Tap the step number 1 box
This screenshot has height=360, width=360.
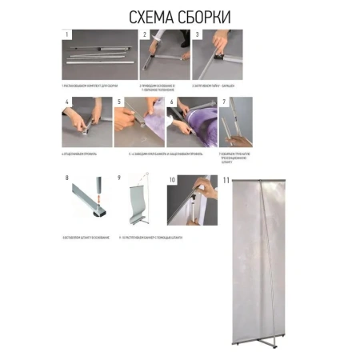[67, 35]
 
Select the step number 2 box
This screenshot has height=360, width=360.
[145, 35]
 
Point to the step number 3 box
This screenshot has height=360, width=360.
[197, 35]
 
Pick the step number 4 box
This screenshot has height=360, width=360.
[67, 102]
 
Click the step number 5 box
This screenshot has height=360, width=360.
[118, 102]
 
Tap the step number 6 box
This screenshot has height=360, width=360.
[170, 102]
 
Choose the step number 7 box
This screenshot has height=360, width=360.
[224, 102]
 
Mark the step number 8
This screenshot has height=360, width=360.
[67, 179]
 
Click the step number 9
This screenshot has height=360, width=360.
[119, 179]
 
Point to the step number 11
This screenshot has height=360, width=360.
[227, 180]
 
